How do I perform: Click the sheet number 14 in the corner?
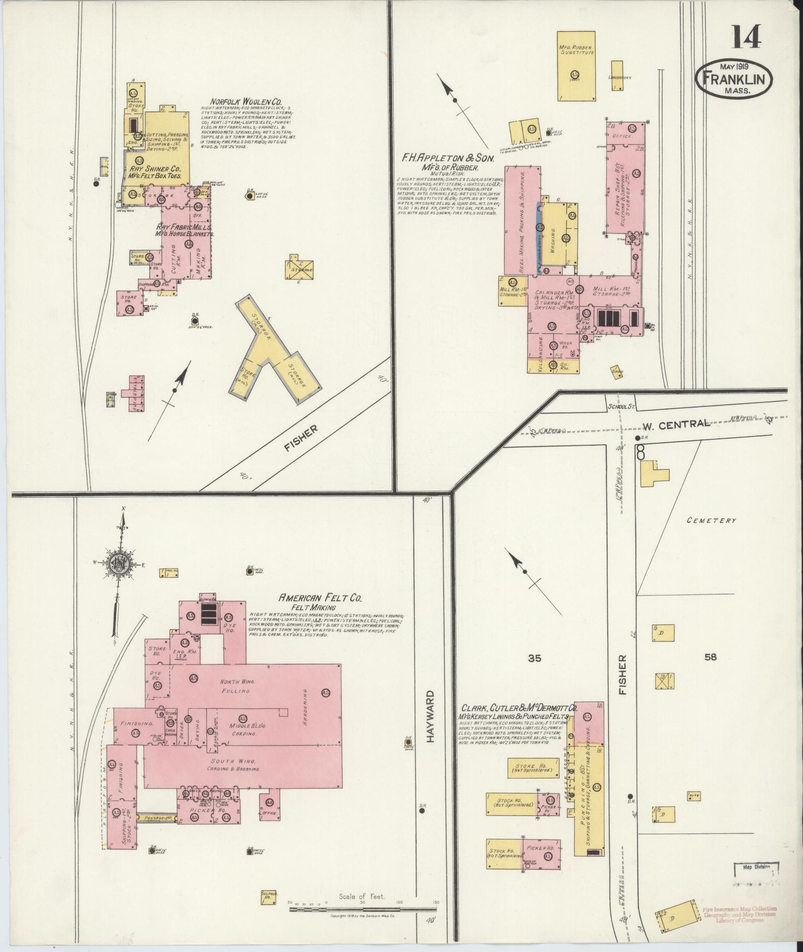[x=746, y=37]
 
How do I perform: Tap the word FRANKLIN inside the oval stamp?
[x=733, y=79]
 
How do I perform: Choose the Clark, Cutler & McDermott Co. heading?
[x=519, y=707]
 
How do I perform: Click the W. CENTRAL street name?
[x=676, y=424]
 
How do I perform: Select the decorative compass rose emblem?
[x=120, y=562]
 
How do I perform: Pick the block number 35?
[x=535, y=658]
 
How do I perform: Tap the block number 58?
[x=710, y=657]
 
